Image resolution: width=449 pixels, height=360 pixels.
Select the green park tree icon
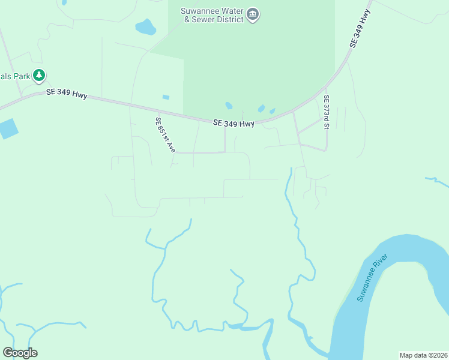coord(40,76)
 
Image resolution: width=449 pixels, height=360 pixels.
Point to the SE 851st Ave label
coord(165,134)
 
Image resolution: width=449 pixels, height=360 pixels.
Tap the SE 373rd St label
coord(327,112)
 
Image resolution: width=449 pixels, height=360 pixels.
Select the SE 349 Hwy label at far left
coord(67,94)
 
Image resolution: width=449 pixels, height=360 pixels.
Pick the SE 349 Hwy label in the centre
coord(234,123)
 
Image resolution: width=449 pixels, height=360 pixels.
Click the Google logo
coord(20,353)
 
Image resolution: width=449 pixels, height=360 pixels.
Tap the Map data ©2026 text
coord(423,355)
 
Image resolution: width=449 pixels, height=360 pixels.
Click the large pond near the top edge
coord(145,27)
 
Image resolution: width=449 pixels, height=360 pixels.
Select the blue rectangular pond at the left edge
coord(8,128)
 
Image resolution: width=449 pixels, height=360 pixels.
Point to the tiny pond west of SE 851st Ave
coord(166,97)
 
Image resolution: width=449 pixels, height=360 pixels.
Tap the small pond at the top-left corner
coord(64,2)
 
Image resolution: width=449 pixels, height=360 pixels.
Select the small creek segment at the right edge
coord(437,180)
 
